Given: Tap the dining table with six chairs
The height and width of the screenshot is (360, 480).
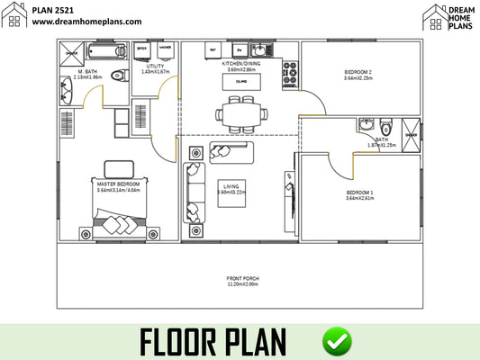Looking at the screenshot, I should pyautogui.click(x=240, y=114).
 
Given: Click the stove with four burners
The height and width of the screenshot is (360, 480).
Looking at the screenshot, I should pyautogui.click(x=292, y=76).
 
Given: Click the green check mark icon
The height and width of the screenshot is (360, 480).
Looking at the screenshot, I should pyautogui.click(x=338, y=341).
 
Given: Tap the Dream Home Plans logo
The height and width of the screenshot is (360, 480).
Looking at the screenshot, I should pyautogui.click(x=448, y=17).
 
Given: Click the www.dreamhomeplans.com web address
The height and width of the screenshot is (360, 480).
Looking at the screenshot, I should pyautogui.click(x=87, y=21).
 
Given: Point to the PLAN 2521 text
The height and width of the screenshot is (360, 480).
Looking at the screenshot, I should pyautogui.click(x=55, y=8).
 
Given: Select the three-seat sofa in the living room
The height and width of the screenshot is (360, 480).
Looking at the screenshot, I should pyautogui.click(x=194, y=192).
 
